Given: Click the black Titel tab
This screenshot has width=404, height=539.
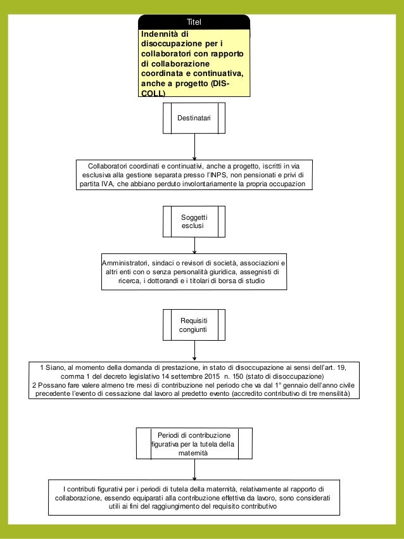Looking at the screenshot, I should [194, 22].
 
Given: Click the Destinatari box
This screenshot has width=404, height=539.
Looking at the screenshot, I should [194, 118].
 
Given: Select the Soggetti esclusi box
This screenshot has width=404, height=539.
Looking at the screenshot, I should [194, 221].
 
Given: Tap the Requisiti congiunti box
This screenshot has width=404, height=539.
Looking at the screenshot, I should [194, 325].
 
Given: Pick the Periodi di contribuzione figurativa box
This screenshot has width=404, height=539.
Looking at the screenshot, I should [194, 443].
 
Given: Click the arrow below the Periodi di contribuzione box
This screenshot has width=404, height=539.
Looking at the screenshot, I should [194, 471].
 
